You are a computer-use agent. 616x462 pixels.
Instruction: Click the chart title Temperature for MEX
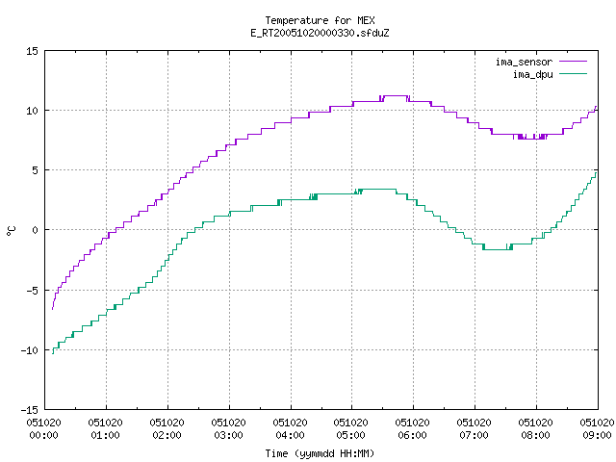point(320,20)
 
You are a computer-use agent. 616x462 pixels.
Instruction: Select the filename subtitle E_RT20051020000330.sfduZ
point(320,33)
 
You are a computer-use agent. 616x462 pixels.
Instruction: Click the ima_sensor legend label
point(524,62)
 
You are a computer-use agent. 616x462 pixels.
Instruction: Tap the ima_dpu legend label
point(532,74)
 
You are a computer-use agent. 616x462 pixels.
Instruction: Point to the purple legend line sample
point(573,62)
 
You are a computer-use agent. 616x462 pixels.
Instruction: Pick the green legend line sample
point(573,73)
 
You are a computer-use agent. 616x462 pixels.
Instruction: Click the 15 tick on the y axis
point(32,51)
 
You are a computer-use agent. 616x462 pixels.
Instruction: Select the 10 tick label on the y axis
point(32,111)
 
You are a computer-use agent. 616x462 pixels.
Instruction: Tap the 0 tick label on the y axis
point(35,230)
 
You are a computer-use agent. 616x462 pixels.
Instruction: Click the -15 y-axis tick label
point(30,410)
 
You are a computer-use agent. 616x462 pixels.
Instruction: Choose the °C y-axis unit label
point(11,231)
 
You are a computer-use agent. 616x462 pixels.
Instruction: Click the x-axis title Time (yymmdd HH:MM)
point(320,453)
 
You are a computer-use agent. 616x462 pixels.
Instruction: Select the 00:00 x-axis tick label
point(43,435)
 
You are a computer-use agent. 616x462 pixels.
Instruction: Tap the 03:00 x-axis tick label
point(228,435)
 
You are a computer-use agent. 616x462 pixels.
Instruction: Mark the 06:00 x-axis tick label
point(412,435)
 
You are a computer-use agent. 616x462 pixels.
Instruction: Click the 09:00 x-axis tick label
point(597,435)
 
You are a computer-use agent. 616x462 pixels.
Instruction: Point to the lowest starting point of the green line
point(53,353)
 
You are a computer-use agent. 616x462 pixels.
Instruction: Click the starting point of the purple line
point(52,309)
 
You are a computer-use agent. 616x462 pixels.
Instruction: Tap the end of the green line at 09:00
point(596,173)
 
